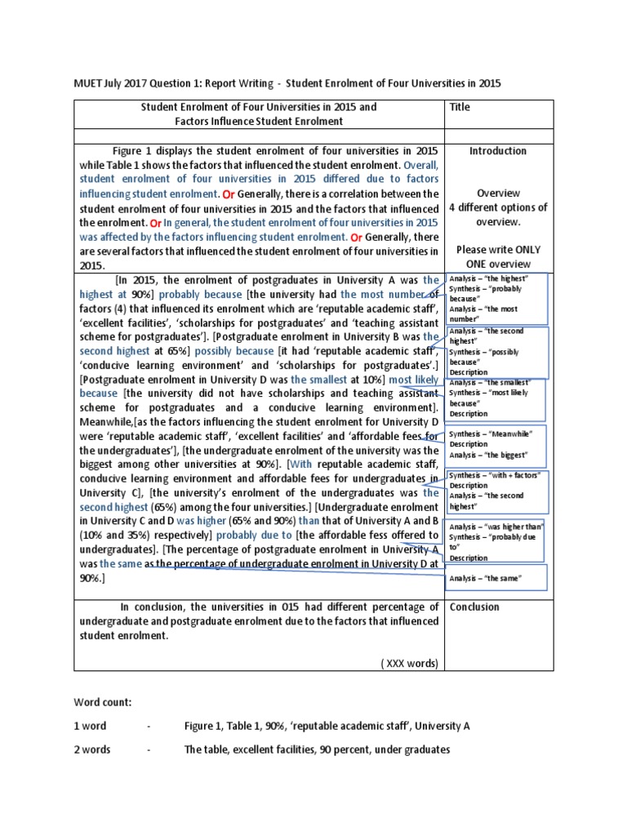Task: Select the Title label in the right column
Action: point(460,107)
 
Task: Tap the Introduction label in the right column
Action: point(498,151)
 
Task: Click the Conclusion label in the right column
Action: point(474,607)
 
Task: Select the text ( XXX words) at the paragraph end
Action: point(409,663)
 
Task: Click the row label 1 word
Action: point(90,726)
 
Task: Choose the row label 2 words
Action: point(92,750)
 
